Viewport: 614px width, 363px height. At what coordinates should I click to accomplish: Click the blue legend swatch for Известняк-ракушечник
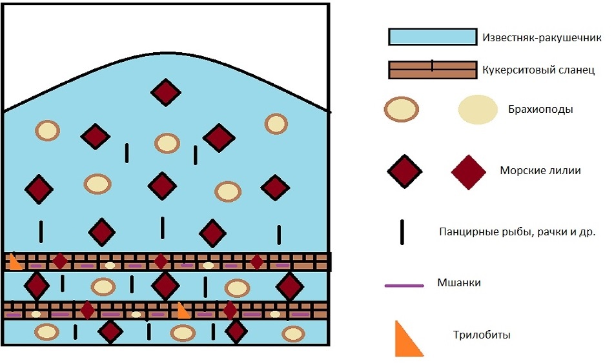tap(432, 37)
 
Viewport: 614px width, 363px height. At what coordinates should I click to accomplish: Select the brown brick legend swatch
tap(432, 70)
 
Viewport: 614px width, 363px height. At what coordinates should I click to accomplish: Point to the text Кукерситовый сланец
tap(538, 69)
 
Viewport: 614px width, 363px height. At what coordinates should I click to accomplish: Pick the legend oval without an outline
tap(478, 109)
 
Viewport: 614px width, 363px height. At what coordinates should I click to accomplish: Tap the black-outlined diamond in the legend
tap(405, 172)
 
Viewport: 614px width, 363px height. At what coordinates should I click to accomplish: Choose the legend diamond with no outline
tap(468, 172)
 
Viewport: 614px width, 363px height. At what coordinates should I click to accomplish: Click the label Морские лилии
tap(540, 171)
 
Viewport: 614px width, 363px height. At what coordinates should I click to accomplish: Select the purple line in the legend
tap(404, 285)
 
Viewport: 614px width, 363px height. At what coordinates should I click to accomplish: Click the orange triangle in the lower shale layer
tap(183, 311)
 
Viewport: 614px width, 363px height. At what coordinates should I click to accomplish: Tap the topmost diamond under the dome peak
tap(166, 92)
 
